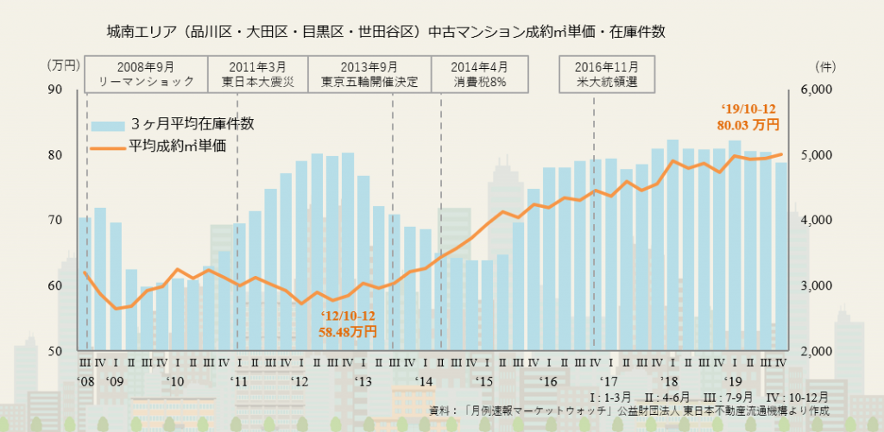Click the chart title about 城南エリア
(383, 33)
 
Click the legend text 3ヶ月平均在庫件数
(192, 123)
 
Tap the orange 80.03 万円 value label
(748, 125)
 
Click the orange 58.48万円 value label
(347, 330)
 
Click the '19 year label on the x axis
(733, 380)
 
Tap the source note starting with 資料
(629, 411)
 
